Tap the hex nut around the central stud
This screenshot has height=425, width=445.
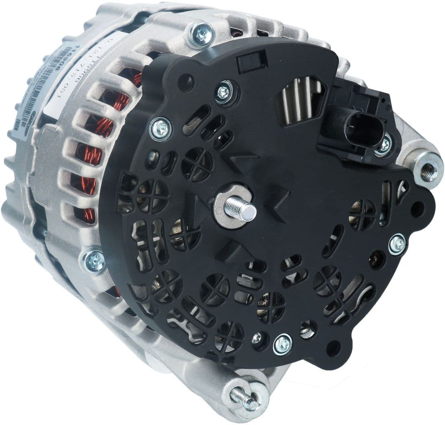228,206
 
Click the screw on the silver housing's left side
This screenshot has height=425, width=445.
94,261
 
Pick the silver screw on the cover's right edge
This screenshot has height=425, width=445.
397,244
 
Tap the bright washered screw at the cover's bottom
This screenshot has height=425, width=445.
282,344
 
